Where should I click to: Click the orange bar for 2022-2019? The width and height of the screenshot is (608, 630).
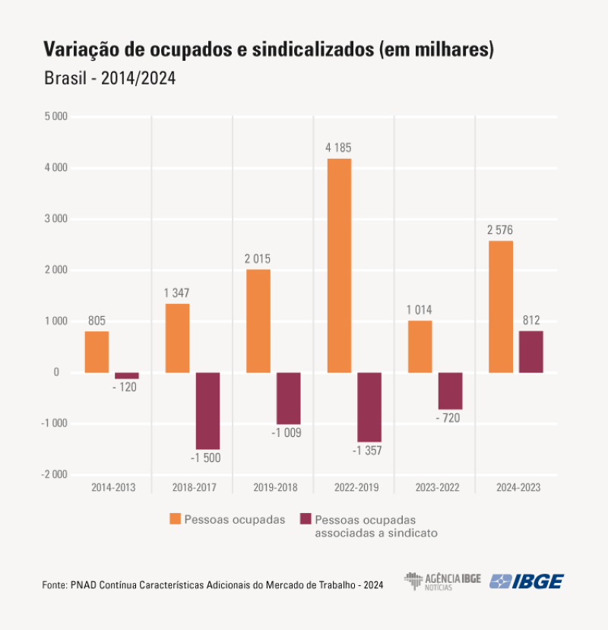(x=339, y=265)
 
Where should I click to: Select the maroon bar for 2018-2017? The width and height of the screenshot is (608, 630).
(x=207, y=410)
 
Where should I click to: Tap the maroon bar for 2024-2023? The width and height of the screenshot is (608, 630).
(x=531, y=352)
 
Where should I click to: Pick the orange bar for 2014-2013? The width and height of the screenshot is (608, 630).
(x=97, y=352)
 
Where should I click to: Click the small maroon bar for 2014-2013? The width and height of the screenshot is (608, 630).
(x=127, y=375)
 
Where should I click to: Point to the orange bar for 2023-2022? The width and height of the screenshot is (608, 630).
(x=420, y=347)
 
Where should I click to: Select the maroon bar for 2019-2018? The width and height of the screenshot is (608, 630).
(x=288, y=398)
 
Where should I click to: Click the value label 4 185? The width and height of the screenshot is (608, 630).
(x=339, y=147)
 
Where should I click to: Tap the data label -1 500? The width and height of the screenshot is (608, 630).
(x=207, y=458)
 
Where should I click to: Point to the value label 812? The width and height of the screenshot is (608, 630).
(x=531, y=320)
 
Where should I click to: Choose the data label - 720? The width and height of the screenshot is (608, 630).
(x=450, y=419)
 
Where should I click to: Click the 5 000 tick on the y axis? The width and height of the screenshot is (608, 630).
(x=55, y=117)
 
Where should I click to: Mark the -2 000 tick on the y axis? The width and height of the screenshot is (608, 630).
(x=53, y=474)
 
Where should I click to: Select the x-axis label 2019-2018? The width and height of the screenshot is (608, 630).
(x=274, y=487)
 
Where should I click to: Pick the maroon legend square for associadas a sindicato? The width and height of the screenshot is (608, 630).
(x=306, y=519)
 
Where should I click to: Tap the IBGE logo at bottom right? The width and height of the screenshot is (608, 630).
(x=527, y=581)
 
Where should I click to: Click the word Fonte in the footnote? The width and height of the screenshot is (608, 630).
(x=53, y=585)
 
